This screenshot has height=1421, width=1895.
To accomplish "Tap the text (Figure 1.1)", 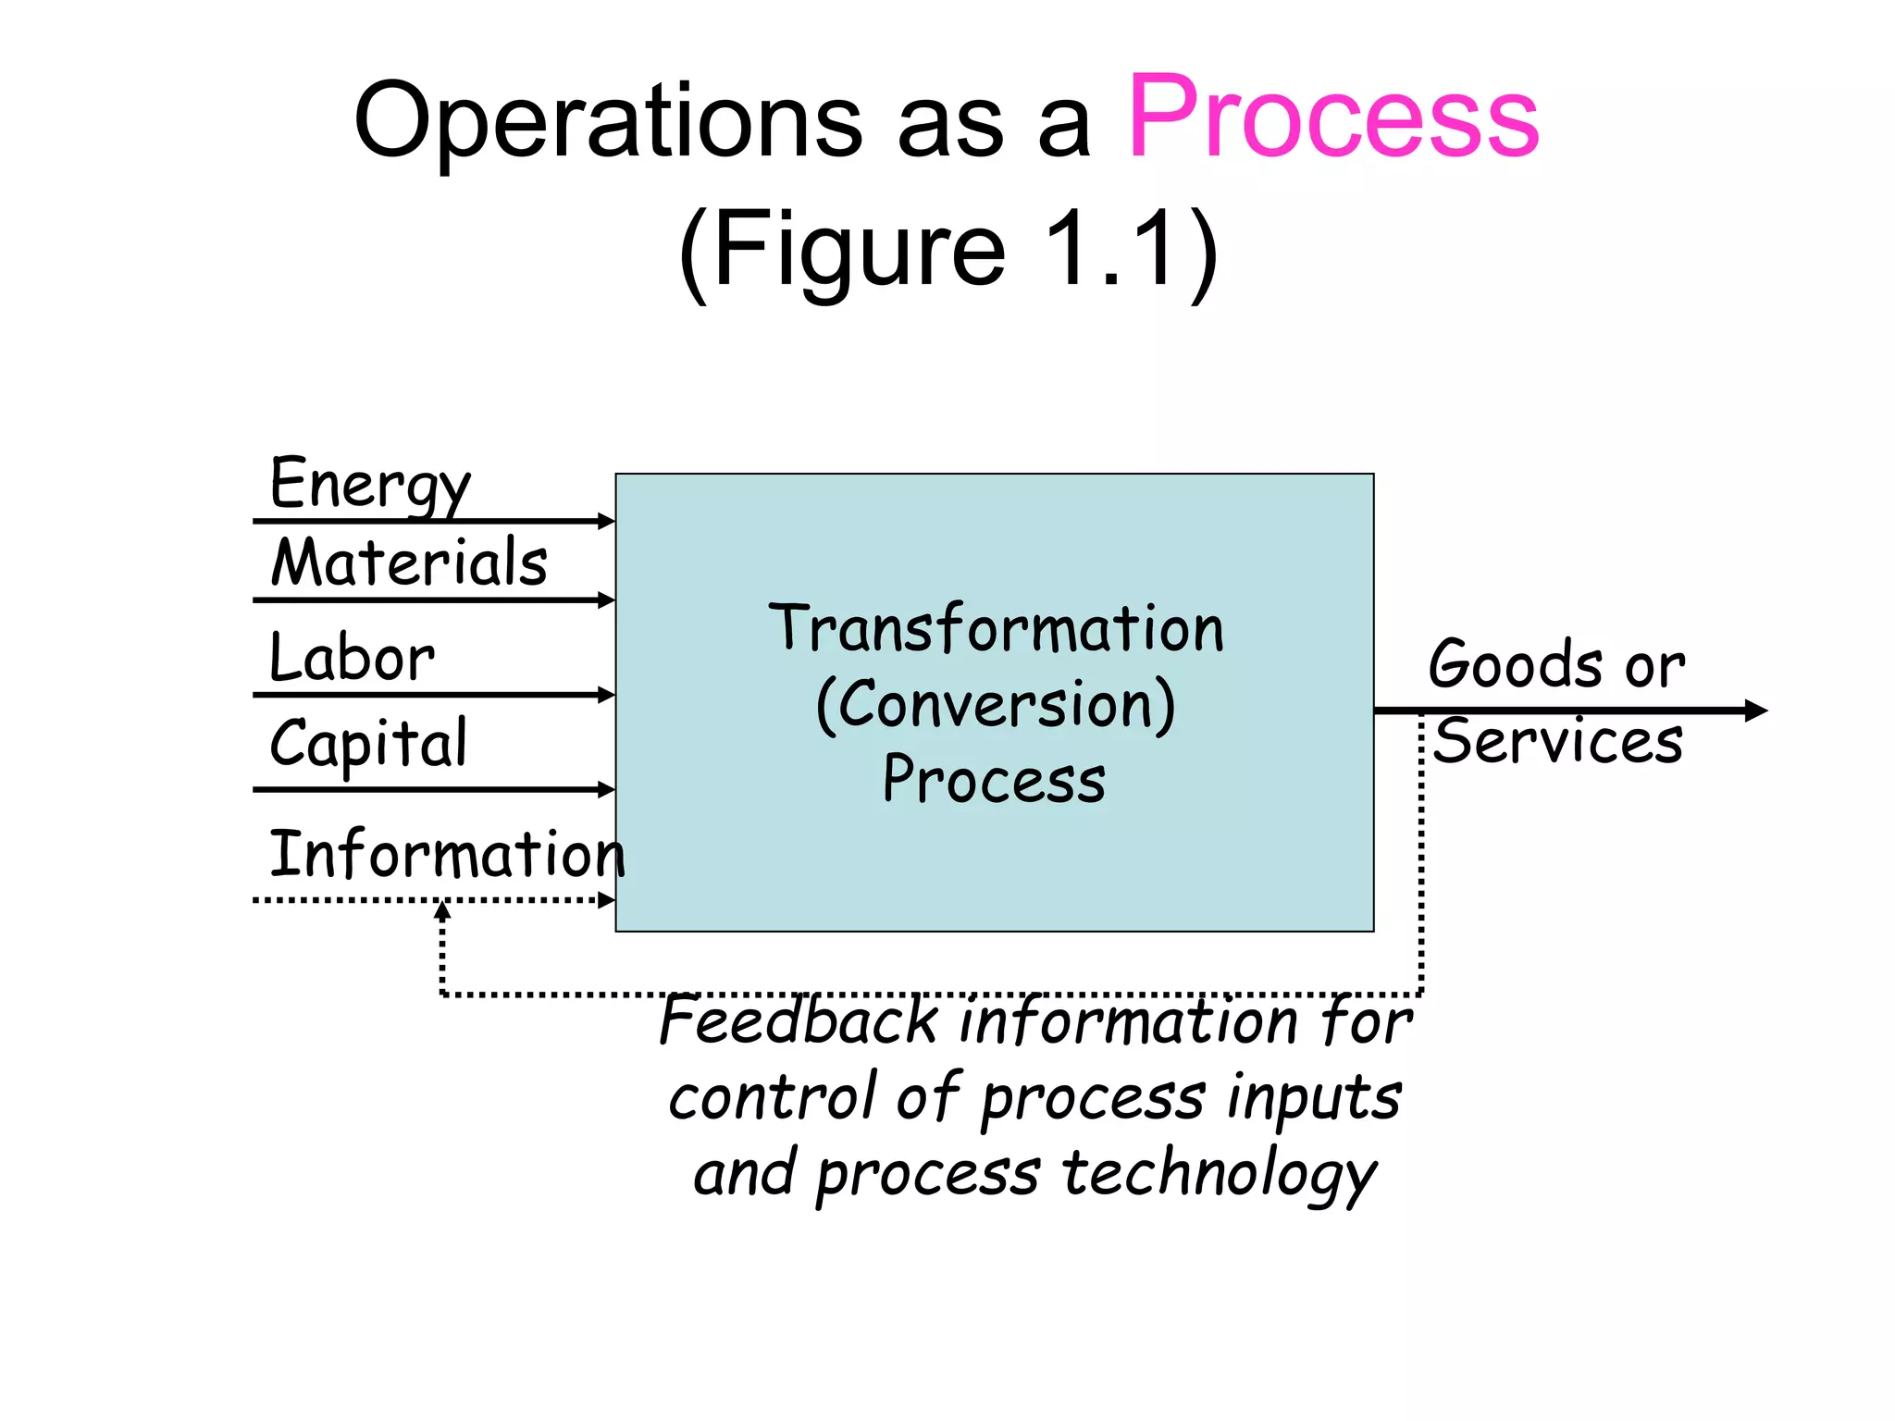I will pyautogui.click(x=947, y=250).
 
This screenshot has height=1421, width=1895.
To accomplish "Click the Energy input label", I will pyautogui.click(x=370, y=483).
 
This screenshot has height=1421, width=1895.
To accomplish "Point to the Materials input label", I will pyautogui.click(x=409, y=562).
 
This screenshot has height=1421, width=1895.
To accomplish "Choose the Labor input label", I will pyautogui.click(x=352, y=658).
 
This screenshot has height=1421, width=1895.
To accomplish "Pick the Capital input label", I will pyautogui.click(x=368, y=743).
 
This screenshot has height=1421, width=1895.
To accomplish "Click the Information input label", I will pyautogui.click(x=446, y=853).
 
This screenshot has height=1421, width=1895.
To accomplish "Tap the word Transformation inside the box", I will pyautogui.click(x=996, y=629).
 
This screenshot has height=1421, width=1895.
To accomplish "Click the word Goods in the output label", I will pyautogui.click(x=1516, y=664).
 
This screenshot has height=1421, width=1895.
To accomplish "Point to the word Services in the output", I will pyautogui.click(x=1558, y=741).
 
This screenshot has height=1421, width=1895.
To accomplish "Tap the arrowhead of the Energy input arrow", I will pyautogui.click(x=607, y=521).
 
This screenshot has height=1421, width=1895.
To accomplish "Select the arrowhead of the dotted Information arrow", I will pyautogui.click(x=607, y=900).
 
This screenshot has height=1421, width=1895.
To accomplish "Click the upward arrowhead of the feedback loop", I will pyautogui.click(x=443, y=910).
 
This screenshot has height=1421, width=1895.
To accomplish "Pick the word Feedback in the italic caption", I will pyautogui.click(x=799, y=1021).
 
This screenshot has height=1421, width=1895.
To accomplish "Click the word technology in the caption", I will pyautogui.click(x=1220, y=1173).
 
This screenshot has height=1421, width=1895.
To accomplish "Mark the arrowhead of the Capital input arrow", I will pyautogui.click(x=607, y=789).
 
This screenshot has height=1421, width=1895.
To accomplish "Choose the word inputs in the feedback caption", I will pyautogui.click(x=1314, y=1099).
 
